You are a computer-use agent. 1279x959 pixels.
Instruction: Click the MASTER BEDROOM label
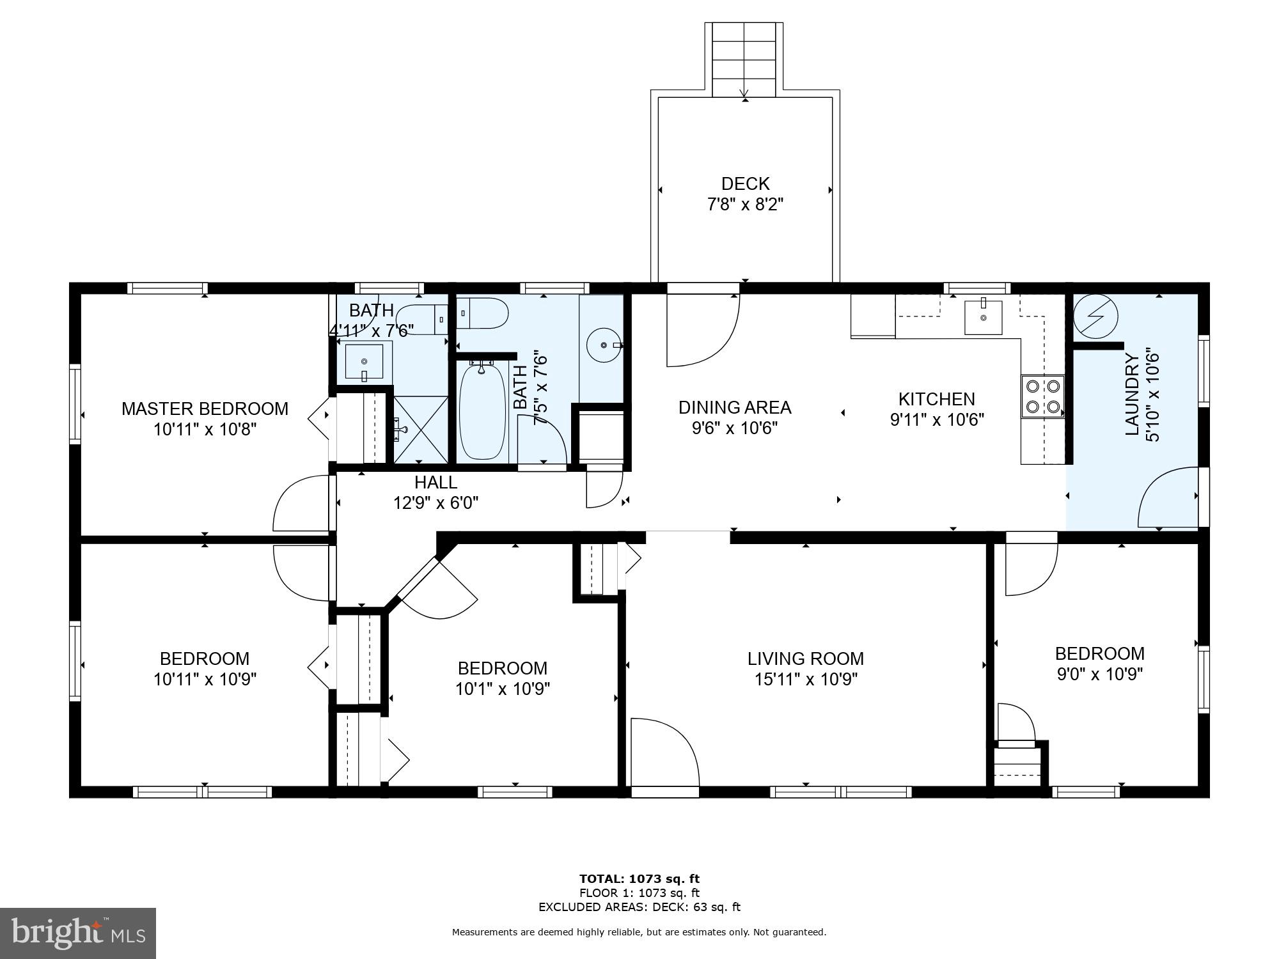[205, 409]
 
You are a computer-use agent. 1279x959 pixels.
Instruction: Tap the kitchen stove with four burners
[1042, 396]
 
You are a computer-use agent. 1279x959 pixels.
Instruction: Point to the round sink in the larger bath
[604, 345]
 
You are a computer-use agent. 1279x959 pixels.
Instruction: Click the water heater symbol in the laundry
[1095, 316]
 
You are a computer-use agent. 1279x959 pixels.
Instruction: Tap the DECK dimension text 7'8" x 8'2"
[745, 205]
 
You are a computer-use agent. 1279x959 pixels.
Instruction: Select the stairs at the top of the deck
[744, 59]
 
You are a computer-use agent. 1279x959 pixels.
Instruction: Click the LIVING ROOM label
[805, 659]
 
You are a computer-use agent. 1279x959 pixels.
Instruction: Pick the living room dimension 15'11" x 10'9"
[805, 679]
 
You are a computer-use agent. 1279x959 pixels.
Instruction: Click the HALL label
[435, 482]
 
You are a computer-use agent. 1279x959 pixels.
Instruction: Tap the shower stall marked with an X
[420, 428]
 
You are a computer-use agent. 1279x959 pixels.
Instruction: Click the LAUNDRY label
[1133, 397]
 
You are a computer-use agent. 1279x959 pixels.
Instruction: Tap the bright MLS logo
[78, 933]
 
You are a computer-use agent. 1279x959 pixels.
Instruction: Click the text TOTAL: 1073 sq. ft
[639, 878]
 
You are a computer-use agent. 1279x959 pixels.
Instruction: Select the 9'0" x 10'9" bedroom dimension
[1099, 674]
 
